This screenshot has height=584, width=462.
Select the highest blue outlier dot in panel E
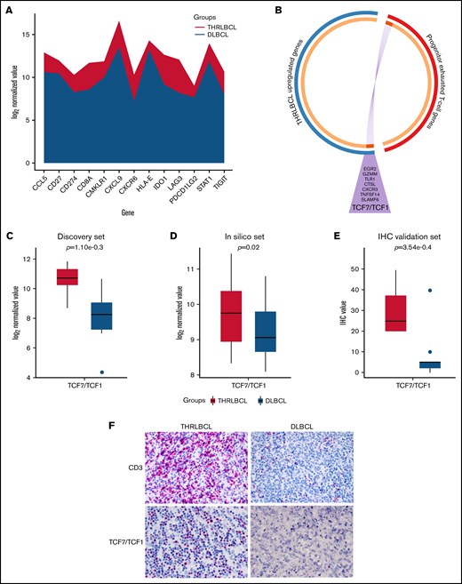404,291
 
